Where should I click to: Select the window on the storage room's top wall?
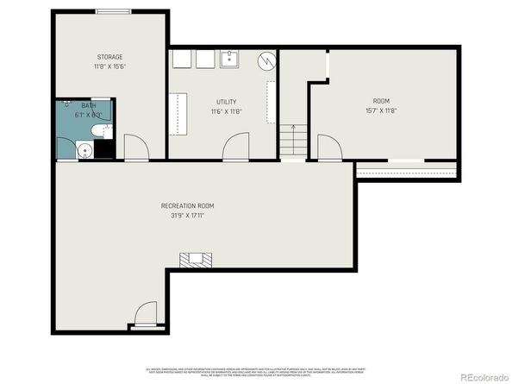pyautogui.click(x=113, y=11)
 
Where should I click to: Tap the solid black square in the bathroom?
pyautogui.click(x=104, y=150)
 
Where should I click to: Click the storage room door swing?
pyautogui.click(x=135, y=148)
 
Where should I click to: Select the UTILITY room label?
pyautogui.click(x=226, y=101)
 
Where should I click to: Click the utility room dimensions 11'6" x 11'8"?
pyautogui.click(x=226, y=111)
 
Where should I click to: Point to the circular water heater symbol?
pyautogui.click(x=269, y=60)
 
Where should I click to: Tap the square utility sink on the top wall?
pyautogui.click(x=230, y=60)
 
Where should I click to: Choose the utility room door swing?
pyautogui.click(x=235, y=148)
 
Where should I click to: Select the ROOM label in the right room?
pyautogui.click(x=381, y=101)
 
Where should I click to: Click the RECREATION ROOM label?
pyautogui.click(x=187, y=205)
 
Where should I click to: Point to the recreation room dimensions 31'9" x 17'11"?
pyautogui.click(x=187, y=216)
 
